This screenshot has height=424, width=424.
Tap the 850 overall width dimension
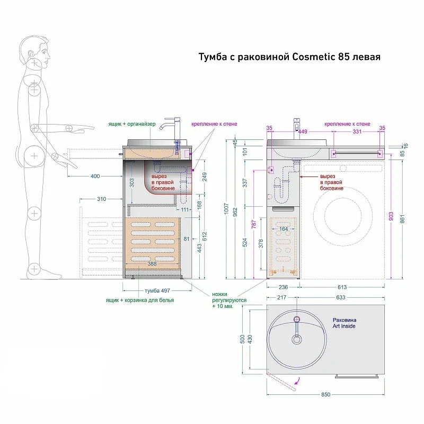tap(325, 394)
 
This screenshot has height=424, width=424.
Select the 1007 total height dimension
tap(227, 209)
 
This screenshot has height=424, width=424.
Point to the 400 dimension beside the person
tap(95, 176)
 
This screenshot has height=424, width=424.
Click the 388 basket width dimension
tap(152, 263)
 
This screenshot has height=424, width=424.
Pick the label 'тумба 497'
tap(157, 290)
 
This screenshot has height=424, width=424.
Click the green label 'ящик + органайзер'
tap(132, 124)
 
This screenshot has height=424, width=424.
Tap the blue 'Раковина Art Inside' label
tap(344, 323)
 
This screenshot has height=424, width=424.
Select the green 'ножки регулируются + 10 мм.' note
tap(229, 300)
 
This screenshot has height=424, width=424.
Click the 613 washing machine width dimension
tap(342, 287)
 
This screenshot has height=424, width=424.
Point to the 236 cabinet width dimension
tap(283, 287)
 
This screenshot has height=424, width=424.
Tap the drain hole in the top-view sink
tap(297, 339)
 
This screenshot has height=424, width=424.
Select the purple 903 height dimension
tap(391, 216)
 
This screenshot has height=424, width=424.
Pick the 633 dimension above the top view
tap(340, 297)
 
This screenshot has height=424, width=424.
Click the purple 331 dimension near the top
tap(357, 131)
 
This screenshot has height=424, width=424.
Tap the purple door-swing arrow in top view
tap(298, 381)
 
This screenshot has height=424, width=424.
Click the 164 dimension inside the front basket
tap(284, 229)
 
